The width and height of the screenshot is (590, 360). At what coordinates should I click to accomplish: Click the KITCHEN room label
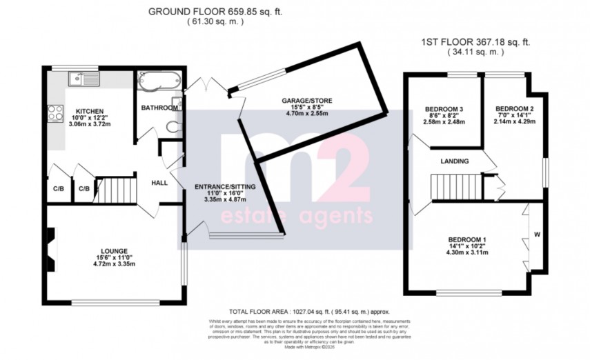pyautogui.click(x=90, y=111)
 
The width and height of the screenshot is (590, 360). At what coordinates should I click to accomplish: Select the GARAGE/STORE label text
pyautogui.click(x=306, y=101)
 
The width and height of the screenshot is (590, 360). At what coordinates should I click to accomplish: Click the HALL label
pyautogui.click(x=159, y=183)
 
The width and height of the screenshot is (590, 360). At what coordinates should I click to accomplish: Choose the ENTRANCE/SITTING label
pyautogui.click(x=222, y=187)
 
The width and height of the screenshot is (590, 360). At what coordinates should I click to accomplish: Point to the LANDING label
pyautogui.click(x=455, y=161)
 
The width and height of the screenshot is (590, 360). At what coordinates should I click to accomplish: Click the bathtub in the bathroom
pyautogui.click(x=159, y=81)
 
